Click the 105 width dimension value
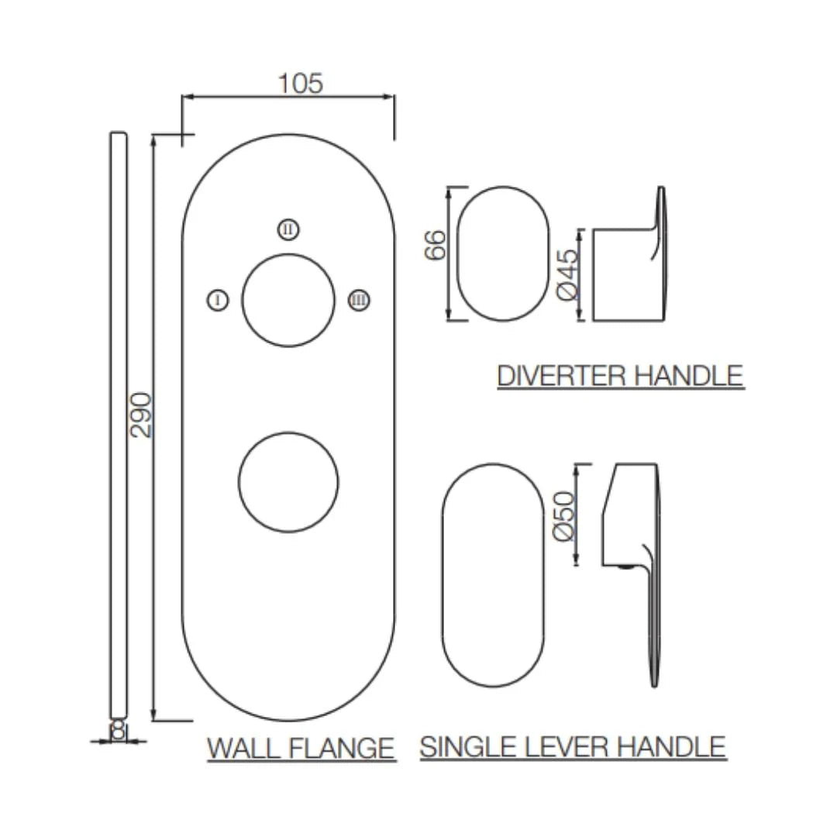point(301,83)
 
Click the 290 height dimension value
point(141,415)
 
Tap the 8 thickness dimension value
point(118,729)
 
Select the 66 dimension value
point(436,245)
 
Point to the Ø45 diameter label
point(568,275)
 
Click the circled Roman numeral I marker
point(219,300)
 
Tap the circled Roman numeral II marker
point(288,229)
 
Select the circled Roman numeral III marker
point(358,300)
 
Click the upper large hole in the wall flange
point(288,300)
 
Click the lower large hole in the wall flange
point(288,482)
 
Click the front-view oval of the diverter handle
point(502,253)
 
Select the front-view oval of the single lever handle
point(493,575)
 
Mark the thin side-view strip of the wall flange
point(119,426)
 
